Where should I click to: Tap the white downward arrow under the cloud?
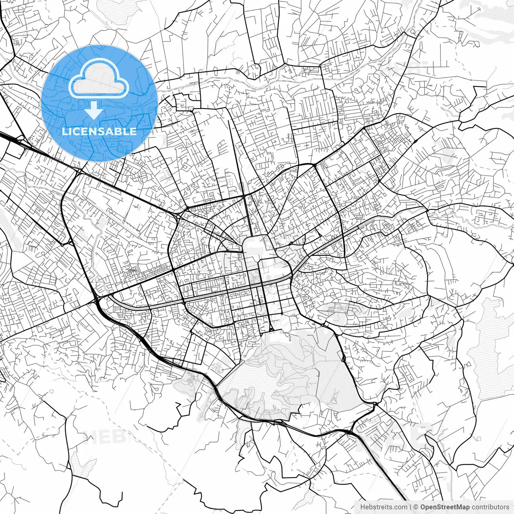94,110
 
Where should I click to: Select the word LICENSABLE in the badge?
99,131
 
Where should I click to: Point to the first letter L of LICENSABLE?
65,131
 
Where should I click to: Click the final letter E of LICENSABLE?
133,131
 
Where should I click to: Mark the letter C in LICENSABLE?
76,131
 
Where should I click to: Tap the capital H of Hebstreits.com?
363,507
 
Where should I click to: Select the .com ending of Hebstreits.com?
400,507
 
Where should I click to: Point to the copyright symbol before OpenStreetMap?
416,507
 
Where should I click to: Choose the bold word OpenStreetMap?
445,507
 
